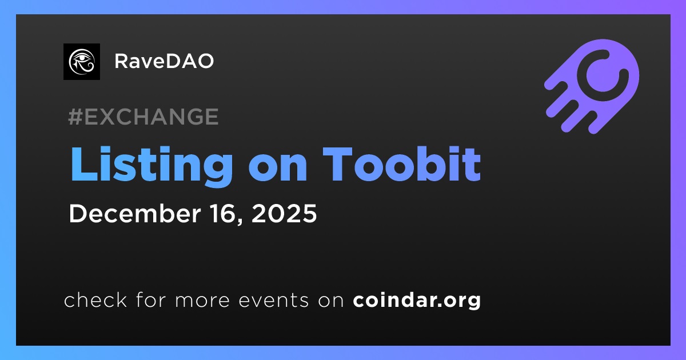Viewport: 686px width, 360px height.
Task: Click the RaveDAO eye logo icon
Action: pyautogui.click(x=81, y=62)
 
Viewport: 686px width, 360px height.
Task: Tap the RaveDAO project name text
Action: pyautogui.click(x=164, y=61)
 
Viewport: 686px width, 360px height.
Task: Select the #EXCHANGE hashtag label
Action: pyautogui.click(x=143, y=117)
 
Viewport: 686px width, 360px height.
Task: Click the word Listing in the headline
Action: pyautogui.click(x=151, y=165)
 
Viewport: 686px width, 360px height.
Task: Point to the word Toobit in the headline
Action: pyautogui.click(x=402, y=164)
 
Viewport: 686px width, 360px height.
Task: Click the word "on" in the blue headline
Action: pyautogui.click(x=278, y=169)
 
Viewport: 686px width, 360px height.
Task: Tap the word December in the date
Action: pyautogui.click(x=135, y=213)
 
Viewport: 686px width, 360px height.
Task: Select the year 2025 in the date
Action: pyautogui.click(x=284, y=213)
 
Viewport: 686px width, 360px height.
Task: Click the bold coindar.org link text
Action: pyautogui.click(x=417, y=301)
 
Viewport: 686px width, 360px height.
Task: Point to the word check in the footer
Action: pyautogui.click(x=95, y=299)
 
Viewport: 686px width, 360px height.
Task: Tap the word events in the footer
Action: pyautogui.click(x=274, y=301)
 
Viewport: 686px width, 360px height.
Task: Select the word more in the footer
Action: pyautogui.click(x=202, y=301)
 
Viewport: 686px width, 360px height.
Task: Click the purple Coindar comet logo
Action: pyautogui.click(x=592, y=86)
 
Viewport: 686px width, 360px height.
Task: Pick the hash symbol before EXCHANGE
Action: pyautogui.click(x=75, y=117)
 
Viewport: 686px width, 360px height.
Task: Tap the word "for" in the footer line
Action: pyautogui.click(x=151, y=299)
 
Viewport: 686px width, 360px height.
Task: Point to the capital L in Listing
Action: pyautogui.click(x=83, y=165)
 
